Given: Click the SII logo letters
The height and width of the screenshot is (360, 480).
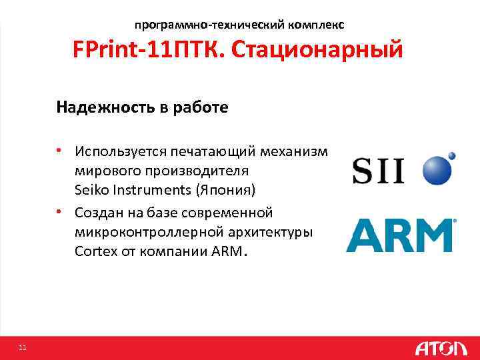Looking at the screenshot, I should tap(378, 170).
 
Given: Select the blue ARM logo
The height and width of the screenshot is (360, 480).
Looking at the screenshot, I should tap(400, 235).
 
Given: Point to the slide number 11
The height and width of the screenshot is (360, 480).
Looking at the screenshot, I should tap(23, 347).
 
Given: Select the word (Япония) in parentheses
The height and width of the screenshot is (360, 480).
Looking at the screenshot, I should tap(225, 190).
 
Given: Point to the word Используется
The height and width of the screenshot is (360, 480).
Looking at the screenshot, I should tap(121, 151).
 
